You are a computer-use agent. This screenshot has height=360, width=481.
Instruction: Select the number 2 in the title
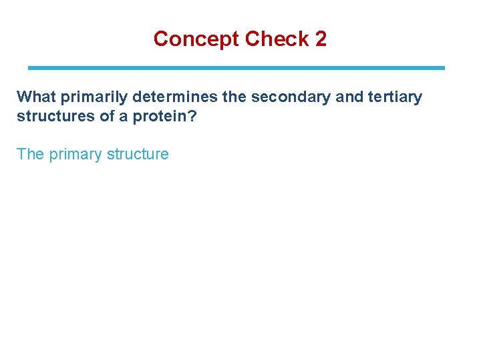pos(321,39)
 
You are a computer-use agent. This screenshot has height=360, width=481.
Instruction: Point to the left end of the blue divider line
pos(29,68)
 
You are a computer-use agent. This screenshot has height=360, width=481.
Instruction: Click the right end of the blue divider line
pos(443,68)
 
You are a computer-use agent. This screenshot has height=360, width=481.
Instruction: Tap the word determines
pos(175,97)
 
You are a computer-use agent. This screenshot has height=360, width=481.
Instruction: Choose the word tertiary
pos(395,97)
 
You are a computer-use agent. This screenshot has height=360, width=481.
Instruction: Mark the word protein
pos(158,116)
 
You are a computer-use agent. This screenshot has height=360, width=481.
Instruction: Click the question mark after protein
pos(192,116)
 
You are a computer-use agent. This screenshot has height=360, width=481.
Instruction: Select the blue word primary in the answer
pos(76,155)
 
